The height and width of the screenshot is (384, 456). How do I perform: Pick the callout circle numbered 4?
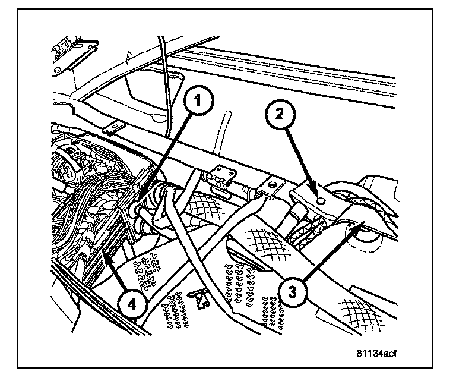click(132, 305)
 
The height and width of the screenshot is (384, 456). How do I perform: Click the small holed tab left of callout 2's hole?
click(270, 187)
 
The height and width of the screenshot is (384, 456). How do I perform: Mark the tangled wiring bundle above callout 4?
click(83, 196)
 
